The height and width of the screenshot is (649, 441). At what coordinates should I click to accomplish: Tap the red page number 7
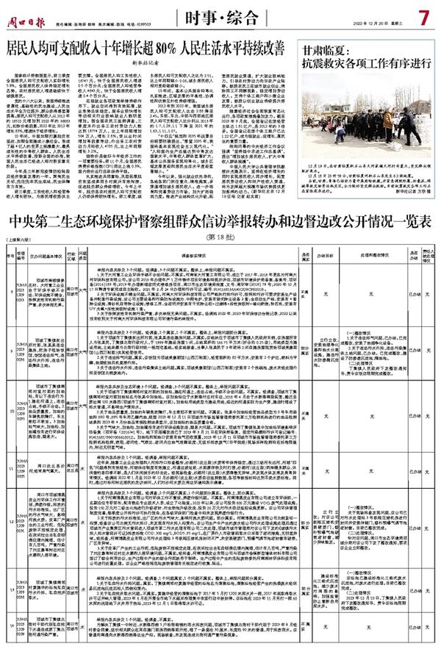coord(424,15)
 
